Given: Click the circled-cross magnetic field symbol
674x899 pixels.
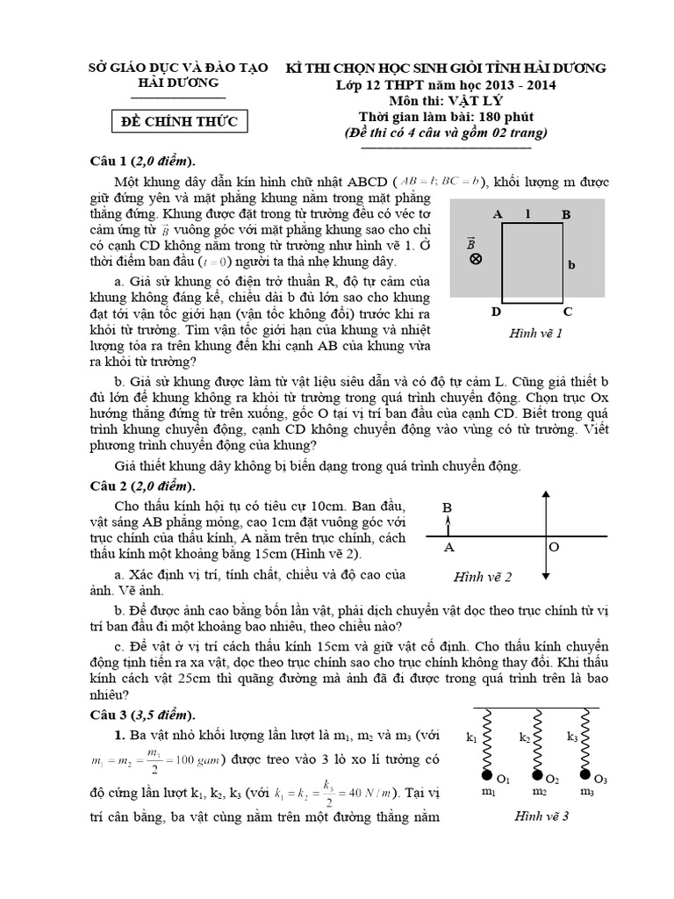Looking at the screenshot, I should pyautogui.click(x=475, y=259).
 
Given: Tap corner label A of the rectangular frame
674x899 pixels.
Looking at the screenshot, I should pyautogui.click(x=498, y=213).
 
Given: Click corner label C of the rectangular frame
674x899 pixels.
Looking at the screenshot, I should pyautogui.click(x=568, y=312).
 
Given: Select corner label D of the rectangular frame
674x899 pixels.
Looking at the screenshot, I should pyautogui.click(x=496, y=312).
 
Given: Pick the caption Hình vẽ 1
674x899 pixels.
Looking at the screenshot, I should pyautogui.click(x=534, y=334).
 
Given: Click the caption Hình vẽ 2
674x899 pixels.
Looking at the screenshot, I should pyautogui.click(x=483, y=577).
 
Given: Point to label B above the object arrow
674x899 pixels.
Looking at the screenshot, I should pyautogui.click(x=447, y=507).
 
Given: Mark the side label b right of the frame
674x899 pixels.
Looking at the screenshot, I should pyautogui.click(x=571, y=263).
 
